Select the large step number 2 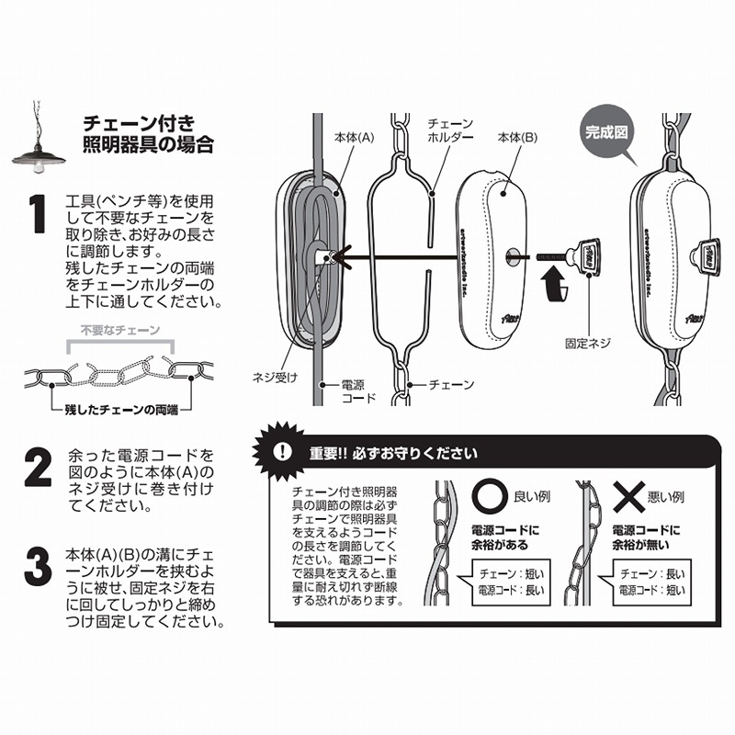(37, 467)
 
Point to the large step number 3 (36, 566)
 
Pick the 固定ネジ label (589, 343)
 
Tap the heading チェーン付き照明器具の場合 (148, 133)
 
